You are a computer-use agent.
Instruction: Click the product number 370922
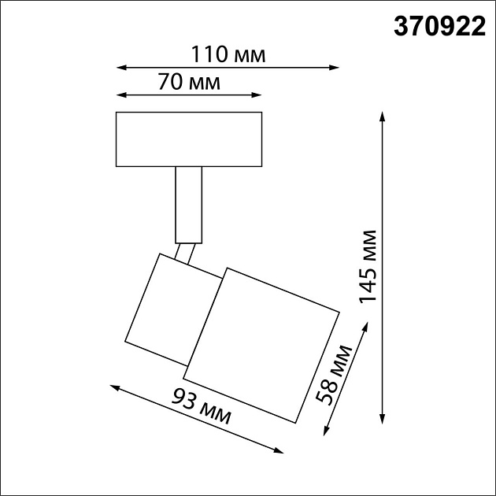(439, 28)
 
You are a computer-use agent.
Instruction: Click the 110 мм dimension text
(229, 56)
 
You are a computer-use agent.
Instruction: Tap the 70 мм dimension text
(188, 82)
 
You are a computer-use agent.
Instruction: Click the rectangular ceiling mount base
(188, 139)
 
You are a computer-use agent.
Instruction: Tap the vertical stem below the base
(188, 203)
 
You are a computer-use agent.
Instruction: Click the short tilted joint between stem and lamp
(185, 254)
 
